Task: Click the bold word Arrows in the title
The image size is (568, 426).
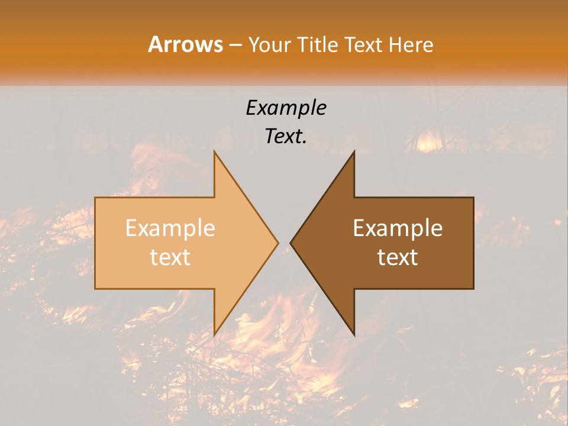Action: [185, 44]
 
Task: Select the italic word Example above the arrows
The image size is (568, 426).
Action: [286, 108]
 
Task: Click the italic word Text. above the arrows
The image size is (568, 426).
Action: [286, 137]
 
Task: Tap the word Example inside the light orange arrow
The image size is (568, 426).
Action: [170, 228]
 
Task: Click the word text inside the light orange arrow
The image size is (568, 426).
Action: [170, 257]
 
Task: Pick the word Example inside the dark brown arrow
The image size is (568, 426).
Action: [398, 228]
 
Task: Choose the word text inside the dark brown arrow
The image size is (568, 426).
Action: [398, 257]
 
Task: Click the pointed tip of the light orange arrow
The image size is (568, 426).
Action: [278, 243]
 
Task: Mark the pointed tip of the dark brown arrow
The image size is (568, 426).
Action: [291, 243]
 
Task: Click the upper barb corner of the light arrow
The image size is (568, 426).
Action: [214, 151]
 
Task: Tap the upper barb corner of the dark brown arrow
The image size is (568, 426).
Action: [354, 151]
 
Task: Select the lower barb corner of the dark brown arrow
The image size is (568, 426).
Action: [354, 335]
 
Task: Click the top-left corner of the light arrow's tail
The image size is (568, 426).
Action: [95, 198]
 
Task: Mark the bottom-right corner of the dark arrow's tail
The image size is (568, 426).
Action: [473, 289]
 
